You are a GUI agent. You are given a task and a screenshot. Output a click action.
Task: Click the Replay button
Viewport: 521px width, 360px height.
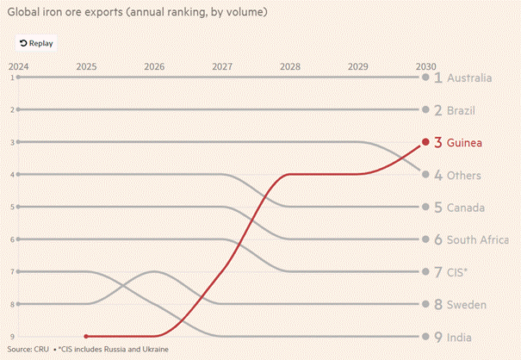(35, 42)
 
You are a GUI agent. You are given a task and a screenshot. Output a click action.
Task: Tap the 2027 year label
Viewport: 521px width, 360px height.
(221, 66)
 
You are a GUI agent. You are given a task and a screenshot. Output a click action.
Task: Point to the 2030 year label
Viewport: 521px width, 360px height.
(424, 66)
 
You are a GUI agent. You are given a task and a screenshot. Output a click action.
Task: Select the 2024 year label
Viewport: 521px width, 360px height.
(18, 66)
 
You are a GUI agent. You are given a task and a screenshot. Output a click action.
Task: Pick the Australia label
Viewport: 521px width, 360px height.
(469, 78)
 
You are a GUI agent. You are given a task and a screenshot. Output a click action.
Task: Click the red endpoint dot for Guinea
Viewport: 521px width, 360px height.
(425, 142)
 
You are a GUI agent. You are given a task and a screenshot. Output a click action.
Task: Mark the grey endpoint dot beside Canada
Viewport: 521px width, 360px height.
(425, 207)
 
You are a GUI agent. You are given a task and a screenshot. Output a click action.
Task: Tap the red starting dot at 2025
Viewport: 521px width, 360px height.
(86, 336)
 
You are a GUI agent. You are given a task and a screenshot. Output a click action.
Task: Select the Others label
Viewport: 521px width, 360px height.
(465, 175)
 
